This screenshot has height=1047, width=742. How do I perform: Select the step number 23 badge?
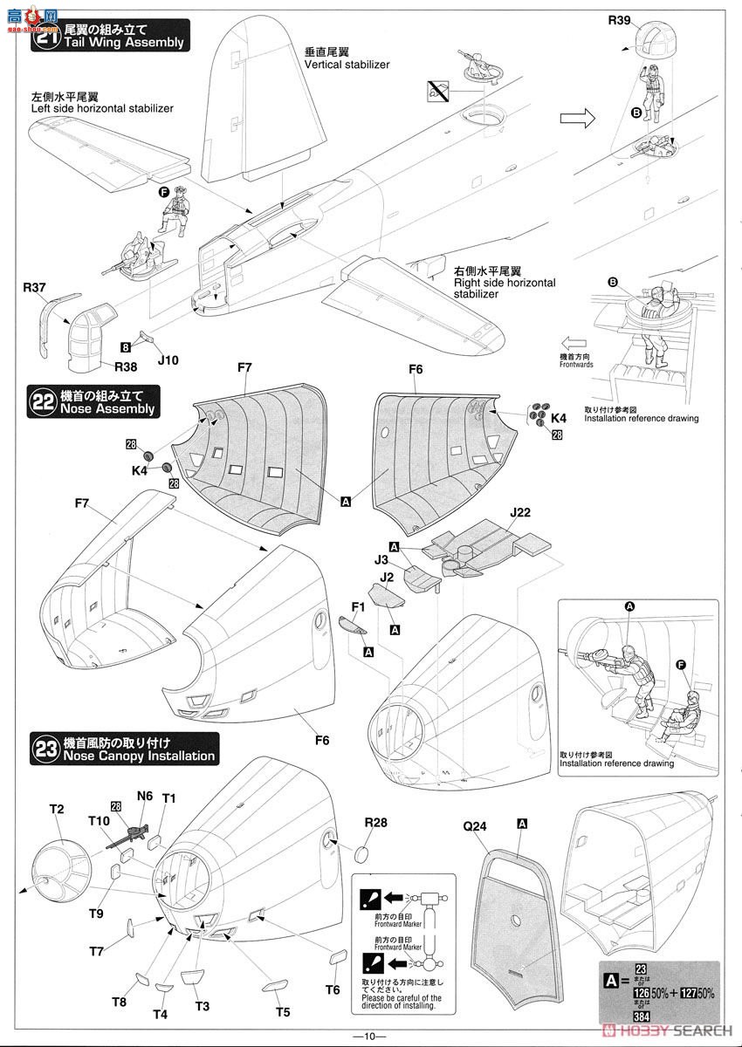(45, 749)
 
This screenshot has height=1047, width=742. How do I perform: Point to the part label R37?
(35, 286)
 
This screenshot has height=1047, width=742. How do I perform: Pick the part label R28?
(375, 822)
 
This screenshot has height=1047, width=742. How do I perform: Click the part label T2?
(57, 809)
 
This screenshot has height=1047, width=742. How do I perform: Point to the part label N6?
(144, 797)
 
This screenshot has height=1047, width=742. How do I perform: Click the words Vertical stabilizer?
(347, 65)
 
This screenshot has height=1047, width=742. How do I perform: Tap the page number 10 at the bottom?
(370, 1036)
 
